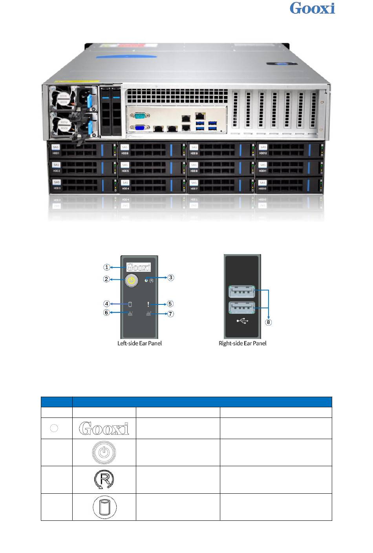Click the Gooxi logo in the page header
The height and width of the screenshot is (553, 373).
click(x=312, y=8)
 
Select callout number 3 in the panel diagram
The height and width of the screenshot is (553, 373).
click(x=170, y=278)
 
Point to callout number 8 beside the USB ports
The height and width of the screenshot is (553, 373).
click(x=269, y=322)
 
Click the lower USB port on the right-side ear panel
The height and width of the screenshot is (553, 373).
click(x=242, y=308)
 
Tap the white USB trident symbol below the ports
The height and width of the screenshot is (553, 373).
click(x=243, y=321)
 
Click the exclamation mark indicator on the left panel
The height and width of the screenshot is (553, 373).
click(x=148, y=304)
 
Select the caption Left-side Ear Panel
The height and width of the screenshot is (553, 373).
click(x=139, y=343)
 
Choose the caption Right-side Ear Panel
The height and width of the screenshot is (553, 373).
click(x=242, y=343)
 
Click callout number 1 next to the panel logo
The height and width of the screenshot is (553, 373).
click(x=107, y=267)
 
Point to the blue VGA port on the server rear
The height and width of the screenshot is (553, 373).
click(x=139, y=127)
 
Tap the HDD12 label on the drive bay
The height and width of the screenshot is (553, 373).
click(x=263, y=153)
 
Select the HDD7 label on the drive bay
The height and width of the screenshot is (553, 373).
click(x=194, y=189)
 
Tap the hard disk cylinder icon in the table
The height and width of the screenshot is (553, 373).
click(x=104, y=507)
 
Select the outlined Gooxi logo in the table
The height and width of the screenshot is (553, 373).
click(x=104, y=428)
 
